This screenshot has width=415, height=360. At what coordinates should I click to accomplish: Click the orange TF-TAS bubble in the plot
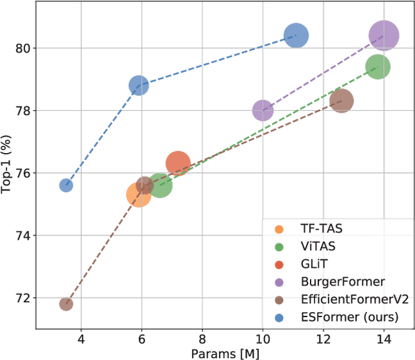click(x=138, y=194)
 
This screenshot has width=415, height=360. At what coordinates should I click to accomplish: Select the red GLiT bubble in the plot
click(x=178, y=164)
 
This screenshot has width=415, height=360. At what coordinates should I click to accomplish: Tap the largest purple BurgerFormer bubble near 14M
click(x=384, y=36)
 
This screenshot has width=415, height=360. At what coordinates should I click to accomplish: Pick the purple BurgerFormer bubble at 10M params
click(x=263, y=111)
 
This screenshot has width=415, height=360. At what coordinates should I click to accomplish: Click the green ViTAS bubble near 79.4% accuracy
click(x=377, y=67)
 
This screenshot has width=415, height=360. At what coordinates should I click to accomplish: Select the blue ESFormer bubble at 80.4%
click(x=296, y=36)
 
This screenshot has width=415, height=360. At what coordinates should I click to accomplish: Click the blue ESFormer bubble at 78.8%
click(x=138, y=85)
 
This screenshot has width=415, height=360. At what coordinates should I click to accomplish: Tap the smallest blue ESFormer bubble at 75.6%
click(x=66, y=186)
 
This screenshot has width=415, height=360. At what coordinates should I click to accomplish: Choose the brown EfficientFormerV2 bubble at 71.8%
click(x=66, y=304)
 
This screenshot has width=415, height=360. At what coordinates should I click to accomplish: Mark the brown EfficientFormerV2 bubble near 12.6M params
click(x=342, y=101)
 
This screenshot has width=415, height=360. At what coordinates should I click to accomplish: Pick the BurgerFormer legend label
click(x=334, y=281)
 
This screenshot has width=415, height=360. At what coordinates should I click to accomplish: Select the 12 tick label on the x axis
click(x=323, y=339)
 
